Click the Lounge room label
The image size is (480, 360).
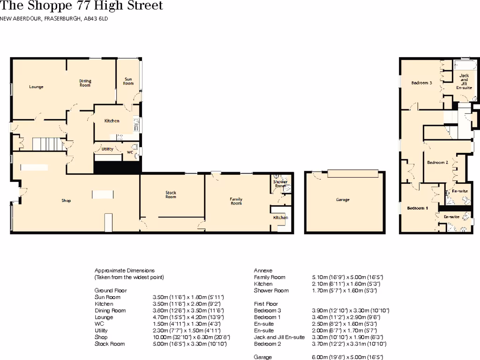click(36, 87)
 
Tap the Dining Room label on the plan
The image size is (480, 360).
click(85, 83)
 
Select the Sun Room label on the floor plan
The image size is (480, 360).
click(128, 81)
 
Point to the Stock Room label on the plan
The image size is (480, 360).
click(171, 195)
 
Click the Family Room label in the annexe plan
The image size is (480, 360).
click(236, 201)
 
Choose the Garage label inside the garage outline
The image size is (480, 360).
click(343, 200)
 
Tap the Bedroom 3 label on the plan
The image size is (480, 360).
click(421, 83)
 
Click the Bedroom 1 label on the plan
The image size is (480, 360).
click(417, 208)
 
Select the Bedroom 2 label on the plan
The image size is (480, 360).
click(437, 162)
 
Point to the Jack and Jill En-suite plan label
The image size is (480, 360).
click(464, 82)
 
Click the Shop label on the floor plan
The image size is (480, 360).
click(66, 201)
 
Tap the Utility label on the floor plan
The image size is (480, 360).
click(107, 149)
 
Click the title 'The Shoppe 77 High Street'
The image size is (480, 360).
click(82, 6)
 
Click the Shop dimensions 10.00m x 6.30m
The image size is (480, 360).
click(190, 337)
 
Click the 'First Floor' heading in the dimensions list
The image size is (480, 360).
click(266, 304)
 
